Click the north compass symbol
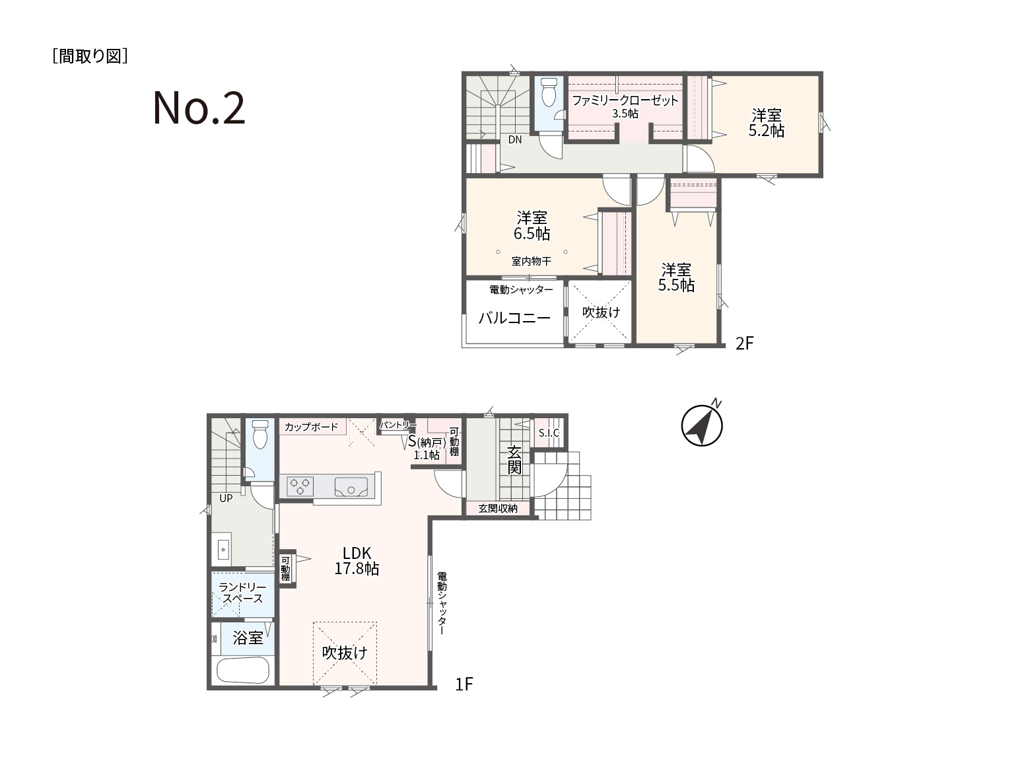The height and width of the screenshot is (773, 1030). [x=702, y=425]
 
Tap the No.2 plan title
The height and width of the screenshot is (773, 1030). [x=199, y=108]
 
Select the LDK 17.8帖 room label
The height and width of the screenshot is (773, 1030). [x=357, y=560]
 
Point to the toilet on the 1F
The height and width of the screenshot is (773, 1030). [x=260, y=434]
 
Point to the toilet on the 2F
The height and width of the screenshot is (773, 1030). [x=549, y=92]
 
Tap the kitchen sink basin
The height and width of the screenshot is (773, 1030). [x=351, y=487]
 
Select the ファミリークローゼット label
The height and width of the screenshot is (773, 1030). [x=625, y=100]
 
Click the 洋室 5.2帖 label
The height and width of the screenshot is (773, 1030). [x=766, y=122]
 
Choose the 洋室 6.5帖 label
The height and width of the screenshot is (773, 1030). [x=532, y=225]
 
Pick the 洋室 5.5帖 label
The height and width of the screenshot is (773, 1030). [x=676, y=277]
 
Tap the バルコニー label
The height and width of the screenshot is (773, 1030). [x=514, y=318]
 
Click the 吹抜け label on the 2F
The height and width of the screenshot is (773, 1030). [x=601, y=312]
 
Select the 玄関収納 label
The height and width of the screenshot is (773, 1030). [x=498, y=508]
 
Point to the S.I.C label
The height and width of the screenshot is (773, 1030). [x=549, y=433]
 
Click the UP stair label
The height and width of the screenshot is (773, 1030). [x=226, y=498]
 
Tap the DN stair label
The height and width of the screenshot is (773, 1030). [x=515, y=139]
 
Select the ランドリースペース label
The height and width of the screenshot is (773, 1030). [x=242, y=593]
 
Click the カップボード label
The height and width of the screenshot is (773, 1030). [x=311, y=427]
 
